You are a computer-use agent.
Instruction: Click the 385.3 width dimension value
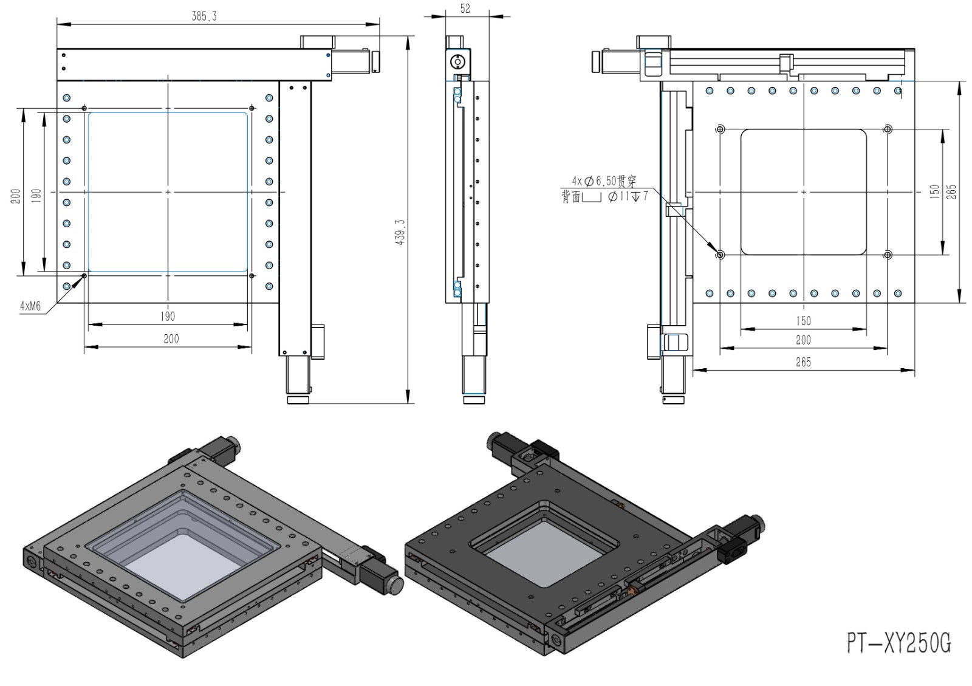[204, 16]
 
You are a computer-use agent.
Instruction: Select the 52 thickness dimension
[465, 9]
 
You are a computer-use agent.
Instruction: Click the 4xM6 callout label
[30, 306]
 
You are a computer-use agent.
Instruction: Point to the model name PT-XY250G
[899, 642]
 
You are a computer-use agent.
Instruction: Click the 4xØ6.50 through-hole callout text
[604, 181]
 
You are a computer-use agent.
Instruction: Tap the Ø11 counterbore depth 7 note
[628, 197]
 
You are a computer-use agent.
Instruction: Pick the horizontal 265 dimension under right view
[803, 362]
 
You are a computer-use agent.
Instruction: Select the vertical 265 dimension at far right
[951, 192]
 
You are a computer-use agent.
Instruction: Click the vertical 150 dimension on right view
[934, 192]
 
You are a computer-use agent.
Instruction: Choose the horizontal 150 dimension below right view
[803, 321]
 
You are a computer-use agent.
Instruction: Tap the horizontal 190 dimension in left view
[168, 316]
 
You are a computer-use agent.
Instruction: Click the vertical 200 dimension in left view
[16, 195]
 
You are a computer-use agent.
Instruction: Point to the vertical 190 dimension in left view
[36, 195]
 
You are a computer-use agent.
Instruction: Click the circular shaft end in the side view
[456, 61]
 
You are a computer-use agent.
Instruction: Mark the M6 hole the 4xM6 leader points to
[84, 276]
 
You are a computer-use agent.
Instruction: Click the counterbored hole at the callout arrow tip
[720, 255]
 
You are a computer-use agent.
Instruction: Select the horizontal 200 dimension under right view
[803, 340]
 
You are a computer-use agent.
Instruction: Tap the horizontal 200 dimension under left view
[171, 338]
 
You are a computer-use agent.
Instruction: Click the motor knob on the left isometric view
[396, 586]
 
